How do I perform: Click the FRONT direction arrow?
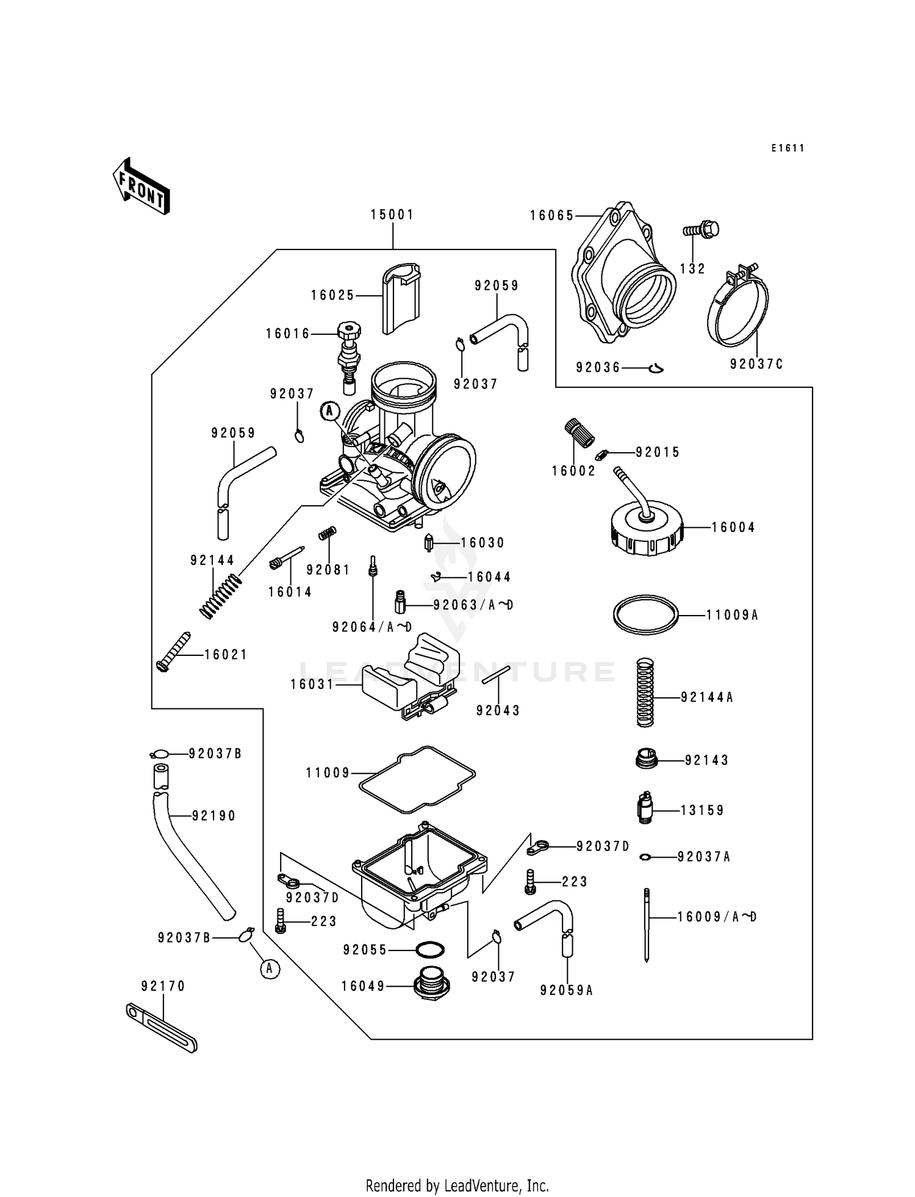(x=141, y=187)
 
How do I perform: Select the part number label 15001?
(x=392, y=215)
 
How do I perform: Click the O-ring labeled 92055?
(x=429, y=950)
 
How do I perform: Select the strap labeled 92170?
(x=162, y=1027)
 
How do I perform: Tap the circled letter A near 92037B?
(x=270, y=969)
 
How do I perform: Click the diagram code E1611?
(x=787, y=148)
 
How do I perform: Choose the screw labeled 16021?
(x=173, y=652)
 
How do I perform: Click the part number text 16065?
(x=551, y=215)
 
